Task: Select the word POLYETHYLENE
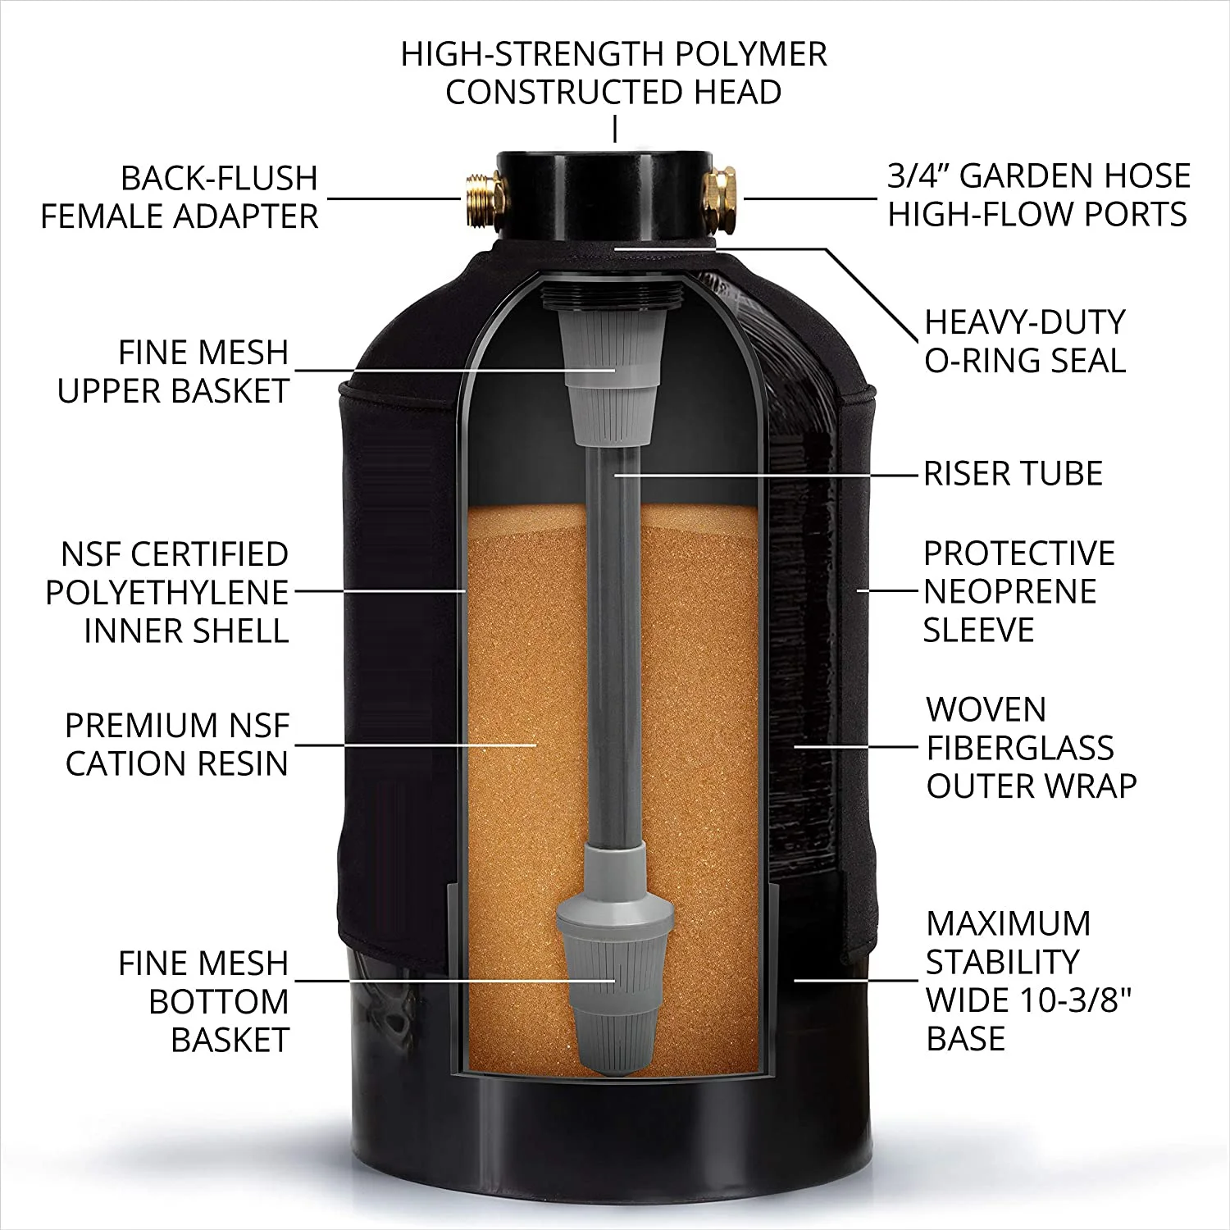click(167, 593)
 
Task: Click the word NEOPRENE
click(1009, 591)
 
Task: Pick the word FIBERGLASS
click(1019, 748)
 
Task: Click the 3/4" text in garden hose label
click(918, 176)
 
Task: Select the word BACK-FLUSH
click(219, 179)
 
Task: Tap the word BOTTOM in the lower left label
click(219, 1002)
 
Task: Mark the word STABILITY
click(1002, 962)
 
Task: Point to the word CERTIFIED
click(209, 554)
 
